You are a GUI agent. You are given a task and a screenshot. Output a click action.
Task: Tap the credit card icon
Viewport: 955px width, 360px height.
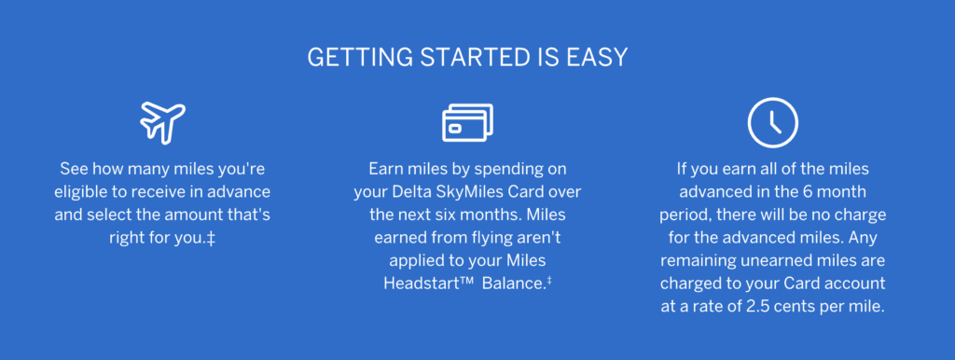point(467,123)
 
